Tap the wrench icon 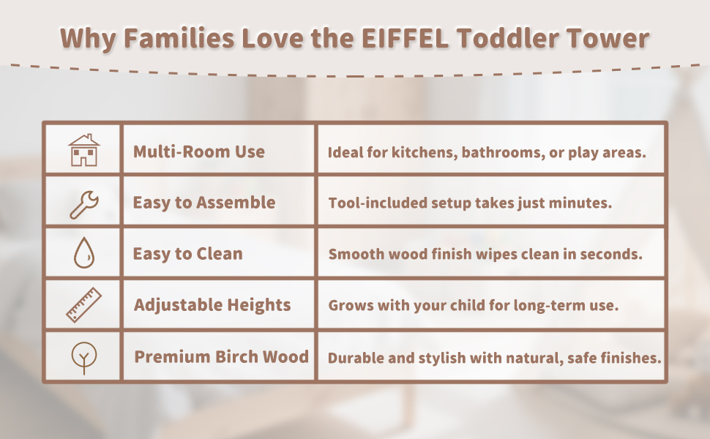tap(84, 205)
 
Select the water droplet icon tap(84, 253)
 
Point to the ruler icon tap(84, 304)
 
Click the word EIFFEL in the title tap(406, 38)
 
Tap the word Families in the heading tap(179, 38)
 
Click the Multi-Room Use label tap(199, 151)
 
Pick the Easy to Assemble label tap(203, 202)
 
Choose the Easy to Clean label tap(187, 254)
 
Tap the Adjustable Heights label tap(212, 305)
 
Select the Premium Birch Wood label tap(222, 356)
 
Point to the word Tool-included tap(377, 203)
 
